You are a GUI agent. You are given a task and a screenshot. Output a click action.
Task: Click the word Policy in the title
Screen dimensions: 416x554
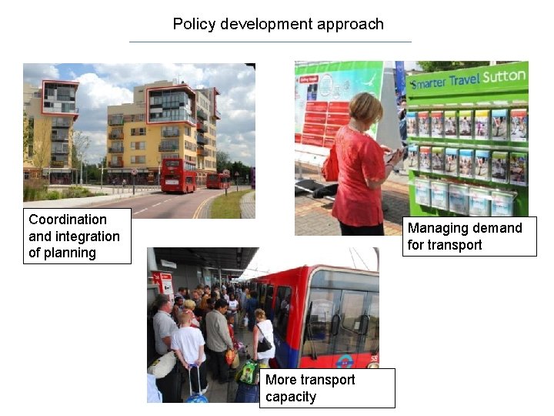pos(195,24)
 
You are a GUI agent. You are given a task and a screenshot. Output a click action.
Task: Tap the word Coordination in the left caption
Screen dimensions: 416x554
pos(68,220)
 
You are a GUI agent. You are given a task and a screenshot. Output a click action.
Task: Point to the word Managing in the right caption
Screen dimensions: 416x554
pos(437,228)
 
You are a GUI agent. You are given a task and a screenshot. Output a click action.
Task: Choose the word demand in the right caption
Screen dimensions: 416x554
pos(496,228)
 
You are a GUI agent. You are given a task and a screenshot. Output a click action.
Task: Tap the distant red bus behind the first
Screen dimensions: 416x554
pos(218,180)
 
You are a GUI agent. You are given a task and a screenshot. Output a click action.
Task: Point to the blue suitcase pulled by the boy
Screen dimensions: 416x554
pos(196,394)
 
